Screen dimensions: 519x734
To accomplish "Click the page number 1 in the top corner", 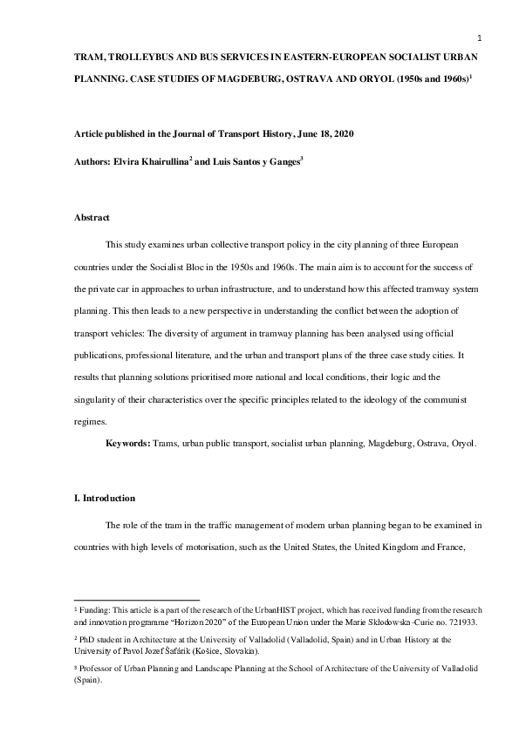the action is [x=480, y=37].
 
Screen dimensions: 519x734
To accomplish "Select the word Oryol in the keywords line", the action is [x=463, y=444].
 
